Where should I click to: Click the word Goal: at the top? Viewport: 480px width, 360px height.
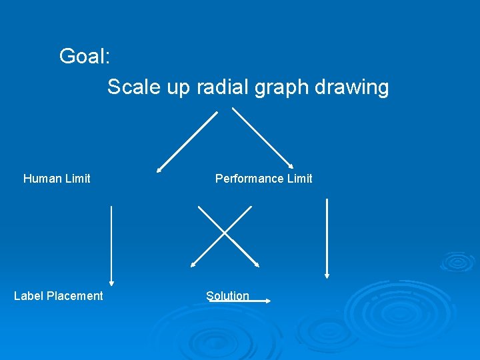(x=85, y=56)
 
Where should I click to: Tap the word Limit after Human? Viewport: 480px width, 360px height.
(x=76, y=178)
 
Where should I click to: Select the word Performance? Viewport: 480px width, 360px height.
(x=246, y=178)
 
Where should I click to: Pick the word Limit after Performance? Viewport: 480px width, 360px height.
(x=297, y=178)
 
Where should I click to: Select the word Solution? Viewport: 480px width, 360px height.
(x=227, y=295)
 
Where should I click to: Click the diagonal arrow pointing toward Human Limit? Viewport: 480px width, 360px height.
(x=187, y=141)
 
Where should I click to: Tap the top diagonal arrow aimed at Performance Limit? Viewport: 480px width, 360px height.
(x=263, y=137)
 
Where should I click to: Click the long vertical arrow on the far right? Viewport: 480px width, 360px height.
(x=327, y=237)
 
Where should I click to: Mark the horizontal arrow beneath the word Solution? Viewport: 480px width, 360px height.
(x=239, y=301)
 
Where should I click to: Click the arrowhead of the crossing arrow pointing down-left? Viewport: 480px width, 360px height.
(x=193, y=265)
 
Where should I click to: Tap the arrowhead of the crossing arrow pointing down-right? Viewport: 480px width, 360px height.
(x=256, y=265)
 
